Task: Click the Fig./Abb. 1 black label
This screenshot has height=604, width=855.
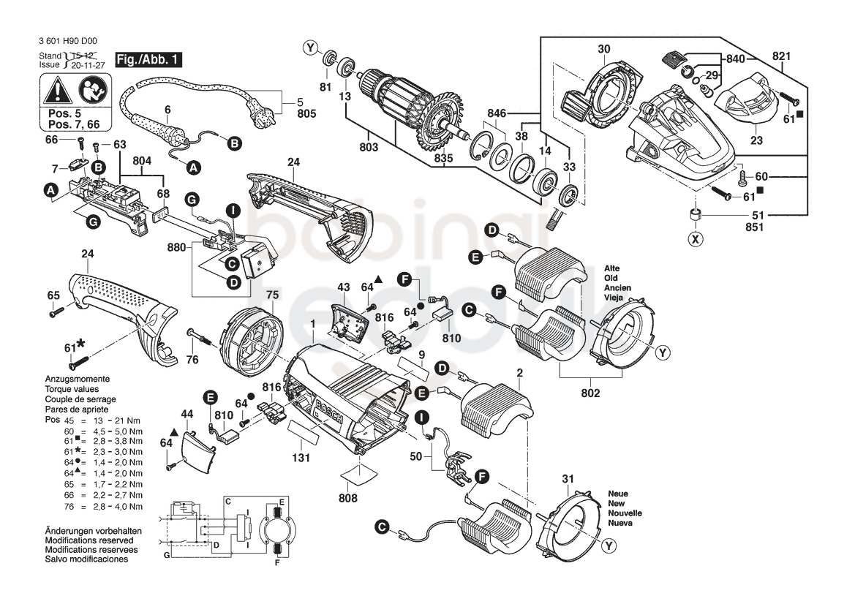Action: coord(148,59)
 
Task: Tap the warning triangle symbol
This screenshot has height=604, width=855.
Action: coord(59,91)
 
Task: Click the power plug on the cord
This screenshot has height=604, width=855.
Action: coord(262,108)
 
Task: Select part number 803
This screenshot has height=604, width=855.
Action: coord(369,147)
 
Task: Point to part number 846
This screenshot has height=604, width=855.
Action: coord(497,113)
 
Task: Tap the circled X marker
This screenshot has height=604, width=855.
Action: coord(696,239)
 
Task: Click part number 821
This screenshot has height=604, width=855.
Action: coord(781,56)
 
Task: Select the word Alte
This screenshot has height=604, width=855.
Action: coord(611,268)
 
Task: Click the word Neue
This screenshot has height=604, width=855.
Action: coord(618,494)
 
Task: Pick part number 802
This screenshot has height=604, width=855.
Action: coord(590,393)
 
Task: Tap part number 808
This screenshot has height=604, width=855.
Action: coord(348,498)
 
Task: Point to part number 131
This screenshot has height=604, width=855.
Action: coord(301,458)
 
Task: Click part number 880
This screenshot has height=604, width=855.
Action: coord(177,247)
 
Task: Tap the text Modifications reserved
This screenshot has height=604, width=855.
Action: coord(89,540)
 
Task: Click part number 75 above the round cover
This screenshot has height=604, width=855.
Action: coord(273,295)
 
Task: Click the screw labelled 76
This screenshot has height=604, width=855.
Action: coord(203,336)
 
